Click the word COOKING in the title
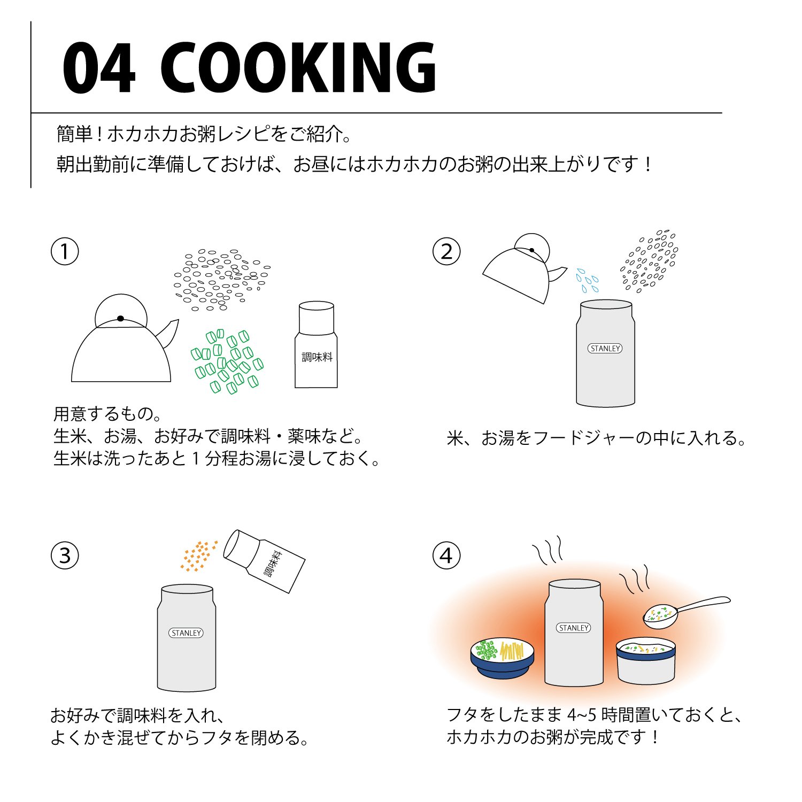(x=298, y=68)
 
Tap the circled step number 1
(x=65, y=251)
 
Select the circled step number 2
(x=446, y=251)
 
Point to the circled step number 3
(x=65, y=556)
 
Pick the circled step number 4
(x=446, y=556)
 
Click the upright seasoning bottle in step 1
(x=317, y=345)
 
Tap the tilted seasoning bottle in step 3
(x=264, y=561)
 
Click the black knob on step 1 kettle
(x=120, y=319)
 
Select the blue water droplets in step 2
(x=587, y=281)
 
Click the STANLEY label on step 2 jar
(x=605, y=349)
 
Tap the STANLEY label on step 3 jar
(x=186, y=633)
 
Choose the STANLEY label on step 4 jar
(x=573, y=628)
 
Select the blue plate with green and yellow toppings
(x=502, y=658)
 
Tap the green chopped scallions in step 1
(x=227, y=361)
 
